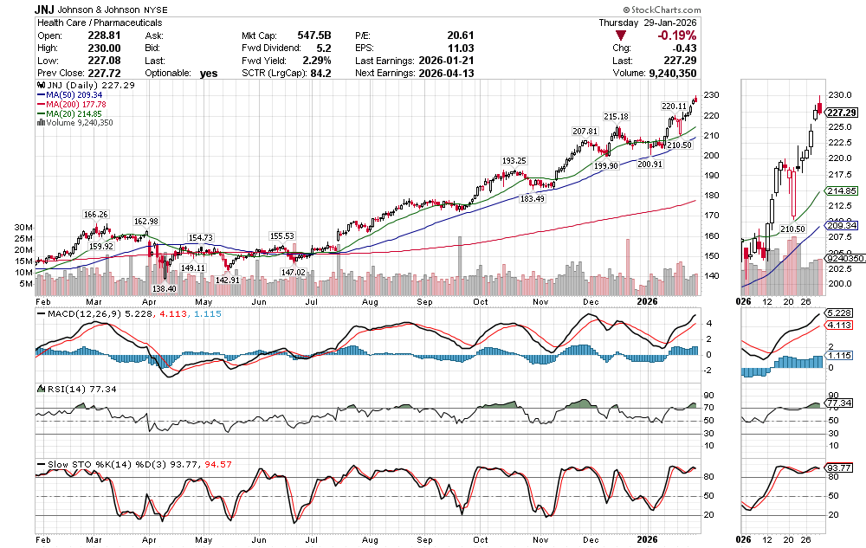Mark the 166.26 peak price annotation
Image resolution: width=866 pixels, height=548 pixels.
click(x=95, y=214)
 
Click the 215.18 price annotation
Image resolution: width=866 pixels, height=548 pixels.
click(x=616, y=117)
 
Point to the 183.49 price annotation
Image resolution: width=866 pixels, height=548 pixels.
click(x=532, y=198)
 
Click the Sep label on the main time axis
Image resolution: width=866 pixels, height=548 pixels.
click(x=424, y=303)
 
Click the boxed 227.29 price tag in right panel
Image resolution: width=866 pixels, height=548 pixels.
click(x=842, y=113)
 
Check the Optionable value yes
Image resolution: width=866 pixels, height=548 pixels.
click(x=209, y=74)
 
